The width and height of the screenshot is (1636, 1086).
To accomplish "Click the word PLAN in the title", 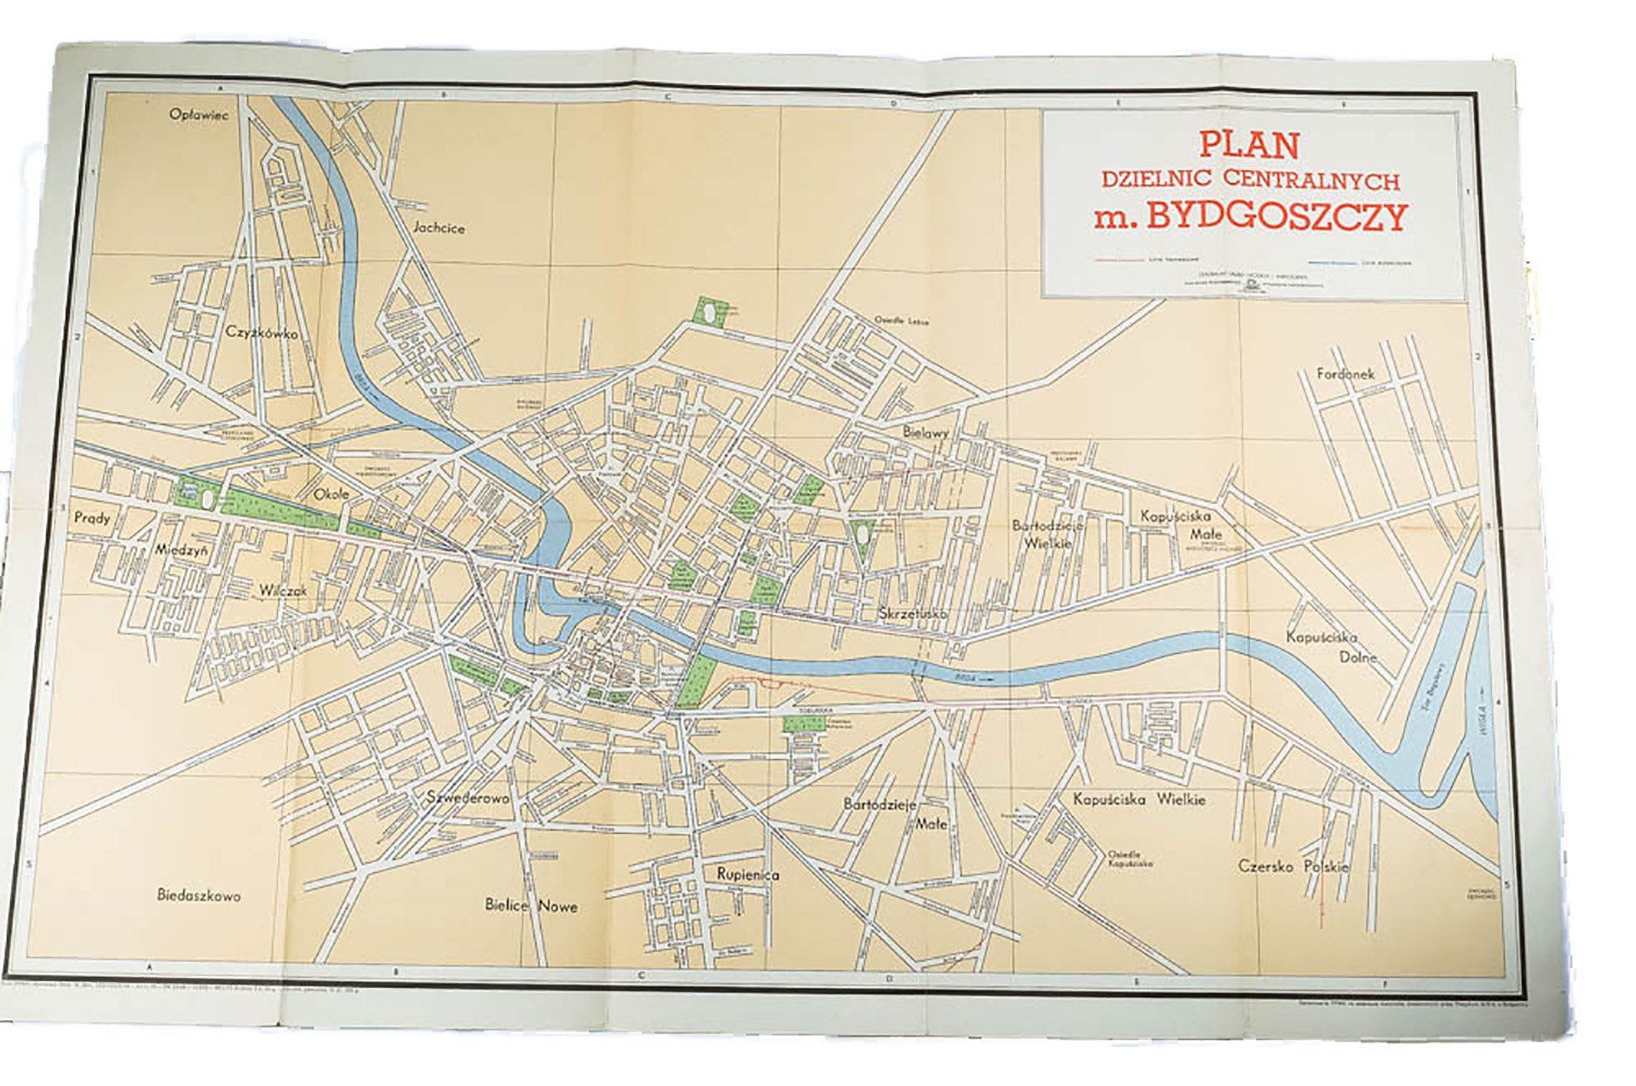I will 1249,145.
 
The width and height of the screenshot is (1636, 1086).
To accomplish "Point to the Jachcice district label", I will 439,228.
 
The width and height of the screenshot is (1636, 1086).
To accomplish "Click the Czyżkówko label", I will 262,333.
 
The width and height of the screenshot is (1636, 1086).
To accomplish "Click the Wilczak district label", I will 284,590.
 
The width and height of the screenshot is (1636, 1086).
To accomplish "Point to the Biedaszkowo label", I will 199,895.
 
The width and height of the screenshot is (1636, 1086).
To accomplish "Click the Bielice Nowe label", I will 531,905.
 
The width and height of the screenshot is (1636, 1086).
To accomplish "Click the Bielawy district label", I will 925,433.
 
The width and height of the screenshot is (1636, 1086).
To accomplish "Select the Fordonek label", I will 1345,374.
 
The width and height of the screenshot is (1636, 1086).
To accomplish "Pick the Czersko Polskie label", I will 1293,866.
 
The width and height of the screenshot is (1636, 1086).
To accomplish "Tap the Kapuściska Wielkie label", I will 1139,800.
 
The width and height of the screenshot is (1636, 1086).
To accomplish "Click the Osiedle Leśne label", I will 901,321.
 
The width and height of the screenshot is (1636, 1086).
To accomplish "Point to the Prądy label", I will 92,517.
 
